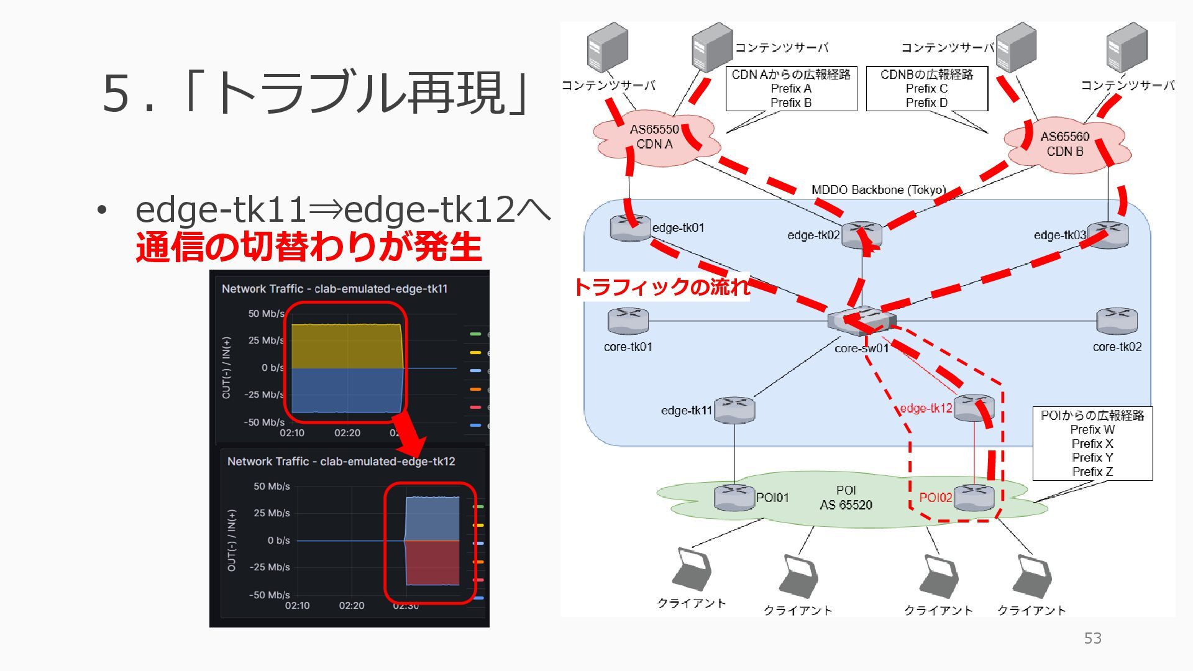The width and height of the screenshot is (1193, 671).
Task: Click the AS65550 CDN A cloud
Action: pyautogui.click(x=656, y=138)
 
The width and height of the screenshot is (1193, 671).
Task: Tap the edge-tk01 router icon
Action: pyautogui.click(x=630, y=227)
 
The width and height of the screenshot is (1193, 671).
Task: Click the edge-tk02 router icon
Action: pyautogui.click(x=861, y=235)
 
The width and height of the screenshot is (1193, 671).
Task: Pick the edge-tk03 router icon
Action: pyautogui.click(x=1108, y=235)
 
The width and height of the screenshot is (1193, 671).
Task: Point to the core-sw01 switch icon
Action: pyautogui.click(x=861, y=321)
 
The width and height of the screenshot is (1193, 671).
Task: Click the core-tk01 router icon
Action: pyautogui.click(x=628, y=321)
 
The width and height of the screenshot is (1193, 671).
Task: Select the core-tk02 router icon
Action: pyautogui.click(x=1117, y=321)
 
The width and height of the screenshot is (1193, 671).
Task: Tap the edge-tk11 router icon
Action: pyautogui.click(x=734, y=410)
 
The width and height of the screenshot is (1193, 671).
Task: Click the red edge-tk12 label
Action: pyautogui.click(x=926, y=408)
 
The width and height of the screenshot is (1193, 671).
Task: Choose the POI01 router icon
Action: pyautogui.click(x=734, y=497)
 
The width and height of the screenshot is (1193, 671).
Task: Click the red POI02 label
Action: pyautogui.click(x=935, y=498)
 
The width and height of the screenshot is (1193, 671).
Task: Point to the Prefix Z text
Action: pyautogui.click(x=1092, y=472)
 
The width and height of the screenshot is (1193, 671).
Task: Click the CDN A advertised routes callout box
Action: pyautogui.click(x=791, y=88)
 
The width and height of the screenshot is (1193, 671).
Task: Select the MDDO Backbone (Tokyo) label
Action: pyautogui.click(x=878, y=189)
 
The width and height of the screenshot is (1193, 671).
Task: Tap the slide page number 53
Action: pyautogui.click(x=1092, y=638)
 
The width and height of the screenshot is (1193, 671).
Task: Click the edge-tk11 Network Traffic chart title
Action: pyautogui.click(x=334, y=289)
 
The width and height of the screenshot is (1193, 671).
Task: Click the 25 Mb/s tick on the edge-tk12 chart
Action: pyautogui.click(x=272, y=513)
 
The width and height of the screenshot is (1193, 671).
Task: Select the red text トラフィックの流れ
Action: pyautogui.click(x=661, y=286)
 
